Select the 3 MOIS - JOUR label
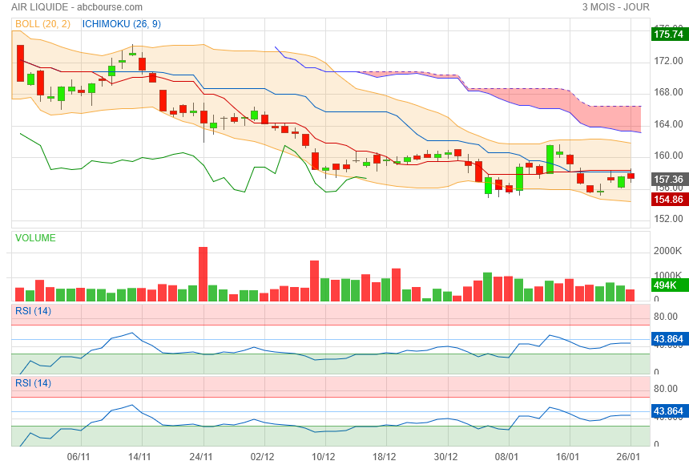point(616,6)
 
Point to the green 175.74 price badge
point(668,34)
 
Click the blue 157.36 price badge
point(668,180)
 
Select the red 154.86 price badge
point(668,199)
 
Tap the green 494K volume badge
point(666,285)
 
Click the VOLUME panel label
point(35,238)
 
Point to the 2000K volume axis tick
point(667,251)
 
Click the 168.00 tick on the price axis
point(667,92)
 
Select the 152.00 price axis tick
point(667,219)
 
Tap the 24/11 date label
point(201,456)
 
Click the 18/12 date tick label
point(385,456)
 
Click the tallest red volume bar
point(203,273)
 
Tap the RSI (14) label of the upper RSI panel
point(33,310)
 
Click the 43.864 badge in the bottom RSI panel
point(668,412)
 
